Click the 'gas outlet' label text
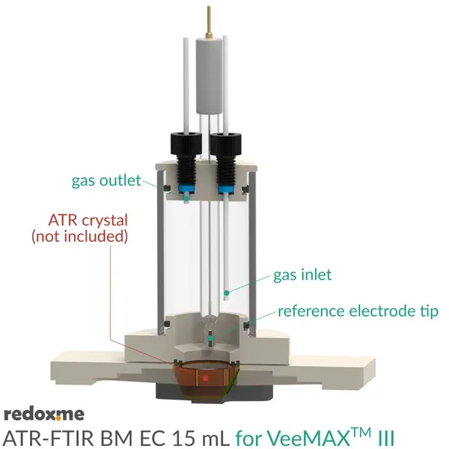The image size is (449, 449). [x=106, y=180]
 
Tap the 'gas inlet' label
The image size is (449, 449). [x=302, y=275]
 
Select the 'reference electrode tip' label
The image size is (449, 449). [x=358, y=311]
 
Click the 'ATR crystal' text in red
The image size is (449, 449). [x=88, y=221]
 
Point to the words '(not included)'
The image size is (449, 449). [x=79, y=236]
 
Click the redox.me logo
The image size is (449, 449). [x=44, y=415]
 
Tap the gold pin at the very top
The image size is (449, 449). [x=209, y=22]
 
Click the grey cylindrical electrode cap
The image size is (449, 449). [x=210, y=75]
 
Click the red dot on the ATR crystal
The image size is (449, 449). [x=205, y=378]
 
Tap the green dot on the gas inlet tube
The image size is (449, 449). [x=227, y=293]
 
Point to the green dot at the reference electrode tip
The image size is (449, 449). [x=210, y=338]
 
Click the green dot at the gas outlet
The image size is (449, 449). [x=186, y=198]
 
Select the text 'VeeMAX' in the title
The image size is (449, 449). [x=308, y=438]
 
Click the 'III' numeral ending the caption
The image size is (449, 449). [x=385, y=438]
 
